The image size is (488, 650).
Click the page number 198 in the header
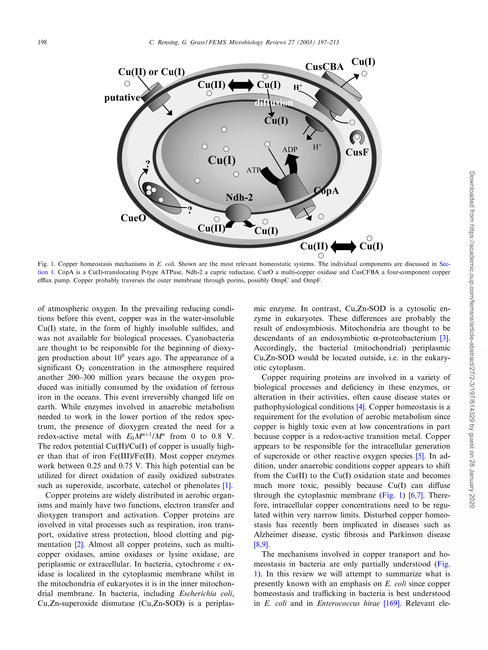click(x=42, y=42)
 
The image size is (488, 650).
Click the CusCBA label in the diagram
click(x=324, y=67)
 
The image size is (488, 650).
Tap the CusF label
click(x=357, y=152)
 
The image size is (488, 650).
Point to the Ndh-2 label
click(x=239, y=198)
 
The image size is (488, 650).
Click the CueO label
click(x=133, y=218)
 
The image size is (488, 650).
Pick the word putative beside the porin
click(x=122, y=97)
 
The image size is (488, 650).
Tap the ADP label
click(x=290, y=150)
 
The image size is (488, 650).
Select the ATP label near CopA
click(x=253, y=170)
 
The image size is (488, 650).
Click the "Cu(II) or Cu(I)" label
click(x=151, y=72)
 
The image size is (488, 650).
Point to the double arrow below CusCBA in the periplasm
click(x=241, y=85)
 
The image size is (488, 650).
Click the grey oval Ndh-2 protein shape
click(x=238, y=213)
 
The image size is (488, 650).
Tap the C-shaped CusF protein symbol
click(x=357, y=137)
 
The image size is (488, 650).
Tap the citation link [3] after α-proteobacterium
click(x=444, y=338)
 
